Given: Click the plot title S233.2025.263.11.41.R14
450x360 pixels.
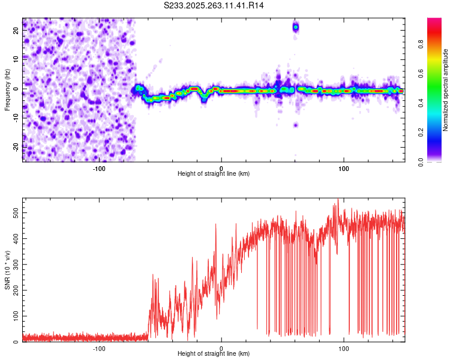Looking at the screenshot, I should (214, 5).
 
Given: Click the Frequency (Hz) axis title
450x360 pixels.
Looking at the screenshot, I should (7, 90).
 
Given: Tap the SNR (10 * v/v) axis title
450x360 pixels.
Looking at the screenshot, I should (7, 270).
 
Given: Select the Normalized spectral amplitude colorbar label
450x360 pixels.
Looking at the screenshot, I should (446, 90).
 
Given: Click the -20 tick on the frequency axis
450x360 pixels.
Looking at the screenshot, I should (16, 146).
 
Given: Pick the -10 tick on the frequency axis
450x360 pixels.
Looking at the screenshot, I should (16, 118).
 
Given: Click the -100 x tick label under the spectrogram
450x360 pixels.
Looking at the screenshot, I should (99, 167).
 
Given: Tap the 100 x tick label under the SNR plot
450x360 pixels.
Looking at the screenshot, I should (344, 348).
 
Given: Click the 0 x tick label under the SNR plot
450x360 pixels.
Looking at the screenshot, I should (221, 348).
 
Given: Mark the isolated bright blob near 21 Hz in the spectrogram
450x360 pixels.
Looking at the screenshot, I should (295, 27).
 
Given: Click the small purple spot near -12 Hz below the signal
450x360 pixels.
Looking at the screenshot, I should (295, 125).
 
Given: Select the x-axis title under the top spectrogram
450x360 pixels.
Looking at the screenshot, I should (214, 173).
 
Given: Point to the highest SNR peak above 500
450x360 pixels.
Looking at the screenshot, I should (338, 200).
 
